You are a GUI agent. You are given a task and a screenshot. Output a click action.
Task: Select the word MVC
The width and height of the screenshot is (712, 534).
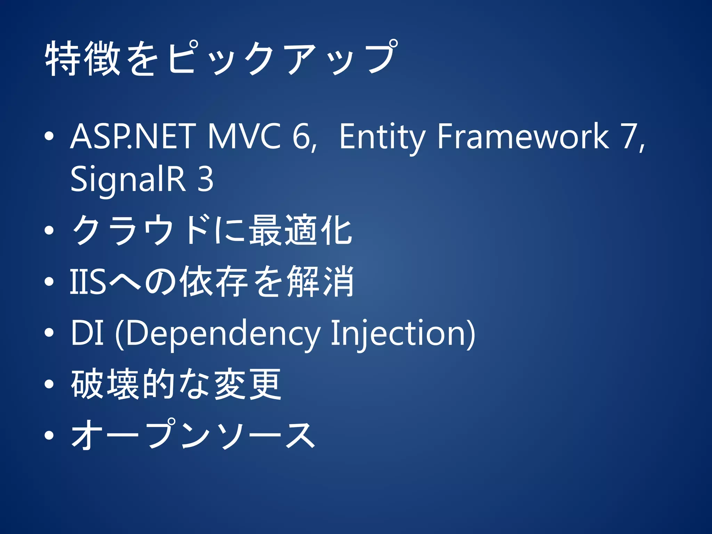pyautogui.click(x=244, y=136)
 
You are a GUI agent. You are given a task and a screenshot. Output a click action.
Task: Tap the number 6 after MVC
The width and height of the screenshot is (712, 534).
pyautogui.click(x=301, y=136)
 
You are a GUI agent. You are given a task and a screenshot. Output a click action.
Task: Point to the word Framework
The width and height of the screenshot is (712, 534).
pyautogui.click(x=523, y=136)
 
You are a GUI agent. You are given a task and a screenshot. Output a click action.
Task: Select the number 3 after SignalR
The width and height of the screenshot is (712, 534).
pyautogui.click(x=205, y=179)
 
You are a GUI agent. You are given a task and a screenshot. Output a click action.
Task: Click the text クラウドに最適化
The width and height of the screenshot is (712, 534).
pyautogui.click(x=212, y=230)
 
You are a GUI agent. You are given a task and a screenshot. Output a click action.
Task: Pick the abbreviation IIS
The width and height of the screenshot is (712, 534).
pyautogui.click(x=88, y=282)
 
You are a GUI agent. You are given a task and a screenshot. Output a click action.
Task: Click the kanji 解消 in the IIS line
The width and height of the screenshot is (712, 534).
pyautogui.click(x=320, y=282)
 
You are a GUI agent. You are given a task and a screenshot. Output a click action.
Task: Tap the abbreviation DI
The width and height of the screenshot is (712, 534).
pyautogui.click(x=87, y=333)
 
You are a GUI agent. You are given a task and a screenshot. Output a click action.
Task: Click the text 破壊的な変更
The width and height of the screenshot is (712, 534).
pyautogui.click(x=176, y=384)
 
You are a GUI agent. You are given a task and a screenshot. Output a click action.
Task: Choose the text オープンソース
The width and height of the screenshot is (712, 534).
pyautogui.click(x=193, y=435)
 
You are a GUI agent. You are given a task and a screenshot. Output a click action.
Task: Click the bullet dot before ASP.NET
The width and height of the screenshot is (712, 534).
pyautogui.click(x=49, y=137)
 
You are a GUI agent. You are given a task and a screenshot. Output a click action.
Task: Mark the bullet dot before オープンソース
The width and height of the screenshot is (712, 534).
pyautogui.click(x=49, y=435)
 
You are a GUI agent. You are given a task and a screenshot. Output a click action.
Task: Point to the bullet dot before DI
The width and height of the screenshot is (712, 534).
pyautogui.click(x=49, y=333)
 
